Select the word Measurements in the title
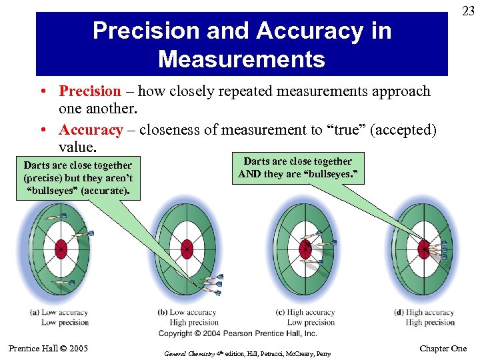point(241,59)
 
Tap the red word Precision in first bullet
point(90,91)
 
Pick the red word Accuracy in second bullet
point(91,130)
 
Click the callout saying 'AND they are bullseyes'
point(297,168)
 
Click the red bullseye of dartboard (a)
point(61,248)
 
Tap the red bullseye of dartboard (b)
point(187,248)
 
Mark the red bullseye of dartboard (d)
point(423,249)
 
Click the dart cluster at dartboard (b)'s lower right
point(213,283)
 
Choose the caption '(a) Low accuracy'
point(59,313)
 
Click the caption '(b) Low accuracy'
point(187,313)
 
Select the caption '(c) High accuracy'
point(305,313)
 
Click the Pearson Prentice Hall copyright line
point(237,333)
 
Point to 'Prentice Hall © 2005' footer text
point(48,348)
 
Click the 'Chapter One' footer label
point(443,349)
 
